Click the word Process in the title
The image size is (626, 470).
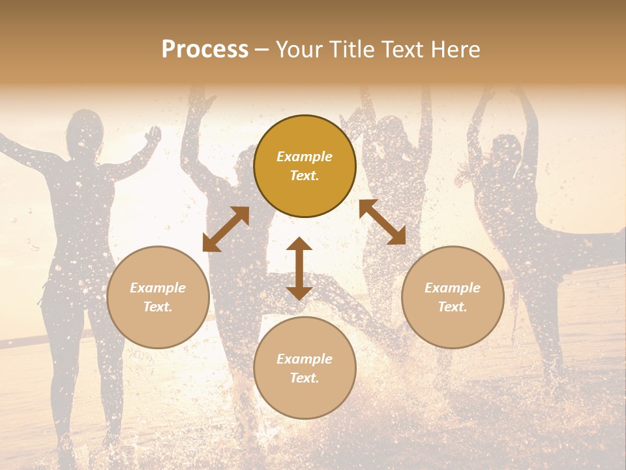(205, 50)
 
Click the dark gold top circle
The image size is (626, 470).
(305, 166)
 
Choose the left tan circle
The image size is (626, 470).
(158, 297)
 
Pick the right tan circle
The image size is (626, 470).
(453, 297)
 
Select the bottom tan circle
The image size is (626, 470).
(305, 368)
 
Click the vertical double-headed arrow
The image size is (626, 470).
(299, 268)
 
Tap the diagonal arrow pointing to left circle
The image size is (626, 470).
(226, 229)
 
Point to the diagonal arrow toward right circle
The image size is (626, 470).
(383, 222)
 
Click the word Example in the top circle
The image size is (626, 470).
(305, 157)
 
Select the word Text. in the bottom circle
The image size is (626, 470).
(305, 378)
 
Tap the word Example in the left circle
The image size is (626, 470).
(158, 288)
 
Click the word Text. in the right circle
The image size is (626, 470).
(453, 307)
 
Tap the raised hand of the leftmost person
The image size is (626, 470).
(153, 135)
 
